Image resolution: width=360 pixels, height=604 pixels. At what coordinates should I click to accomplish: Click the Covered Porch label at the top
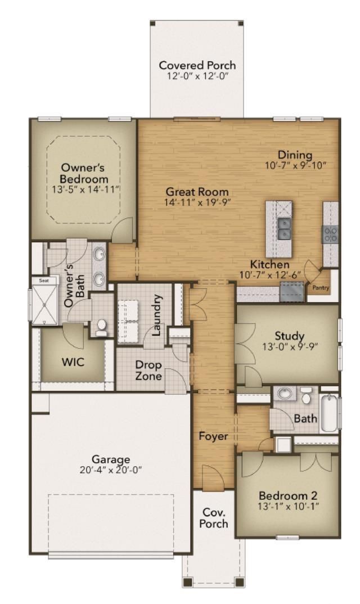tap(197, 65)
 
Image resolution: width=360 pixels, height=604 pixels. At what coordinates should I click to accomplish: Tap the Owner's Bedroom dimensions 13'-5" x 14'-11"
tap(83, 190)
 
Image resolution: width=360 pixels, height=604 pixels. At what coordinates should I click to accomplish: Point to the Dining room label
tap(295, 155)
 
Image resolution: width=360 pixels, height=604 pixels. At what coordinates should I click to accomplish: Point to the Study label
tap(290, 336)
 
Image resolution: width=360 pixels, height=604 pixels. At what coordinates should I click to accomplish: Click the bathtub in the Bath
tap(328, 413)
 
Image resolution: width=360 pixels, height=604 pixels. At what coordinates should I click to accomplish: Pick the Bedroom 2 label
tap(288, 495)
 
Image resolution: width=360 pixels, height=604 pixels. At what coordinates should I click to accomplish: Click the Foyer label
tap(213, 436)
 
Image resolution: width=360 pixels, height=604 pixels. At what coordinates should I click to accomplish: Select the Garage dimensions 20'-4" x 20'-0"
tap(111, 470)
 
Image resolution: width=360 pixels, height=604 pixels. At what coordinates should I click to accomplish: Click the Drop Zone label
tap(148, 370)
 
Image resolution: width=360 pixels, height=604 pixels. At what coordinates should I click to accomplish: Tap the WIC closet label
tap(73, 362)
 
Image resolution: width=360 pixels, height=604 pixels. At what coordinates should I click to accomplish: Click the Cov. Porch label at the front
tap(215, 517)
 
